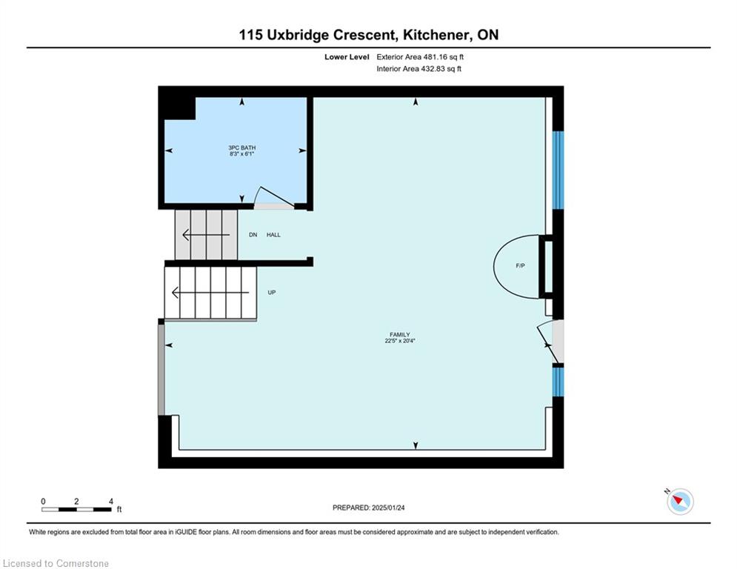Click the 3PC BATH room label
(242, 147)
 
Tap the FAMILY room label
(400, 335)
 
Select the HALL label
(273, 235)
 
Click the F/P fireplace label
(520, 266)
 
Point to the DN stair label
(253, 235)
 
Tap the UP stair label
(272, 293)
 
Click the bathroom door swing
(273, 198)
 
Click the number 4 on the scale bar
(111, 502)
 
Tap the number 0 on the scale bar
(43, 502)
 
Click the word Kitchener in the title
(436, 35)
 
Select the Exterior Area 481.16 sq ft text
(420, 57)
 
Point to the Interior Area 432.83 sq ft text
(418, 69)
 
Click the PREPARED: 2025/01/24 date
(369, 508)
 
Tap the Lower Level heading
(347, 57)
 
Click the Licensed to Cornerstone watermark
(56, 563)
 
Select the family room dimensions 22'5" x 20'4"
(400, 341)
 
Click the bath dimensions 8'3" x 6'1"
(242, 154)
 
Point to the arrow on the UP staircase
(210, 293)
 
